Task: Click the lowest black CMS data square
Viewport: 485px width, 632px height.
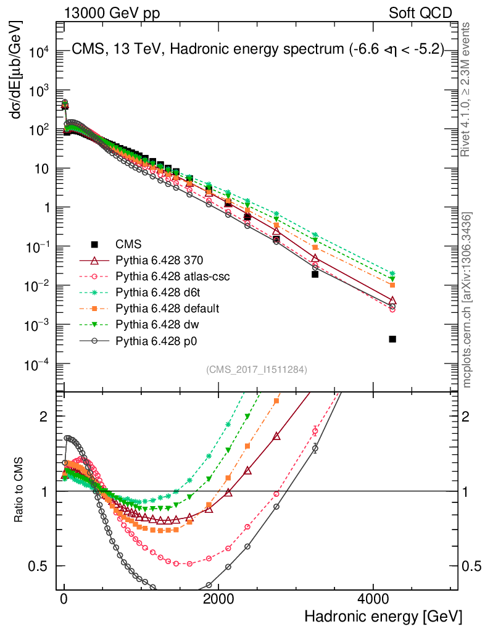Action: pos(392,339)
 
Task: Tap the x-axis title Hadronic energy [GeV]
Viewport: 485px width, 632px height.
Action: pos(383,617)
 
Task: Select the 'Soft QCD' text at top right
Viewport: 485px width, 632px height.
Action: pos(420,12)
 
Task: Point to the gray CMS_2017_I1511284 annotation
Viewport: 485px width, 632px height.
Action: pos(256,370)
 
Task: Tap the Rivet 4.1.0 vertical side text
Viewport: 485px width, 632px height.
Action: pos(467,89)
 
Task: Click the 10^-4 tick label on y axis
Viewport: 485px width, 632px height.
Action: pos(36,364)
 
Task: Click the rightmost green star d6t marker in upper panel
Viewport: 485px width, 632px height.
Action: pos(392,273)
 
